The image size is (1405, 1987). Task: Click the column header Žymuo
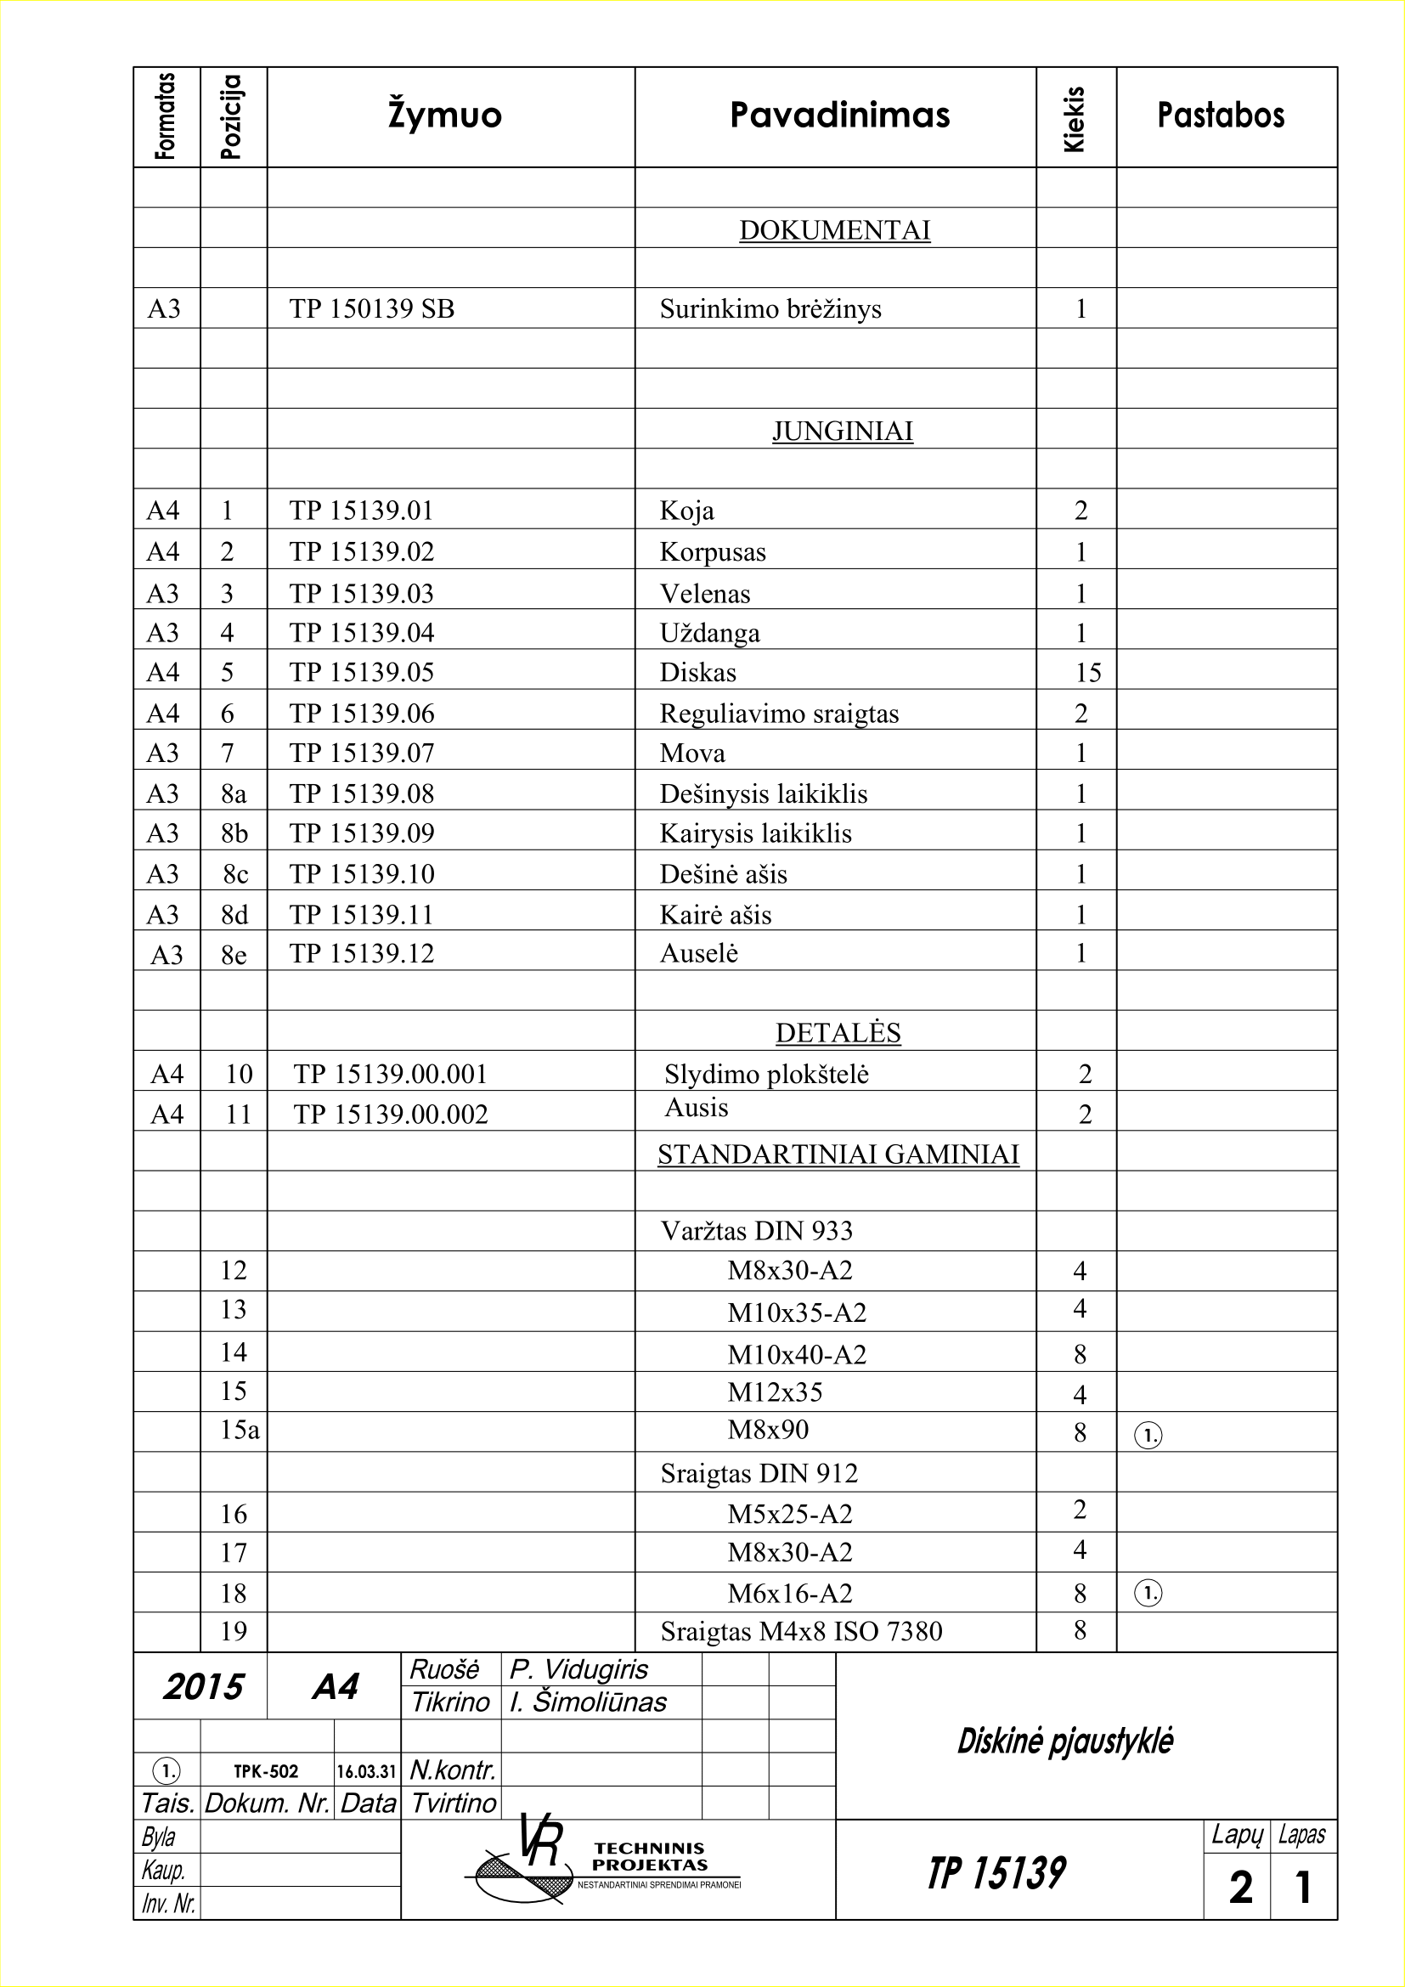444,115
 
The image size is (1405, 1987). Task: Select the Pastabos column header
1221,115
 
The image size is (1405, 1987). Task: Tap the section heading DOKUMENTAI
834,230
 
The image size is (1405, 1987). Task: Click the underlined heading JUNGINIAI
842,431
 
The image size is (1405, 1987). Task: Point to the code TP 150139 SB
371,309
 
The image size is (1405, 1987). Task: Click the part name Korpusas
712,552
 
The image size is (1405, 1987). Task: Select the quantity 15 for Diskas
1087,673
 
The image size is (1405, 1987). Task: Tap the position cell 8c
234,874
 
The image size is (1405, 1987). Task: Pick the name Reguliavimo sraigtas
779,713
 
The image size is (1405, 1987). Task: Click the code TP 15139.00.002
390,1114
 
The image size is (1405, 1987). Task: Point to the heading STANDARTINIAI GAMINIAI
838,1154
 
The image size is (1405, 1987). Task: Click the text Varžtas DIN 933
756,1231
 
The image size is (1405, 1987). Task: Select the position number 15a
239,1430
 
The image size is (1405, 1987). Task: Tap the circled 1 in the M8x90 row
1147,1436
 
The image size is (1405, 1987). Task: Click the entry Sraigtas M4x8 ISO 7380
800,1631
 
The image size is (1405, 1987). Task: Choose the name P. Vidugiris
578,1668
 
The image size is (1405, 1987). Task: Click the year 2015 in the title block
203,1687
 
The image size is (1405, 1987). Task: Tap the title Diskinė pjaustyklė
1064,1741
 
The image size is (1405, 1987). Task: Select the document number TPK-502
266,1771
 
